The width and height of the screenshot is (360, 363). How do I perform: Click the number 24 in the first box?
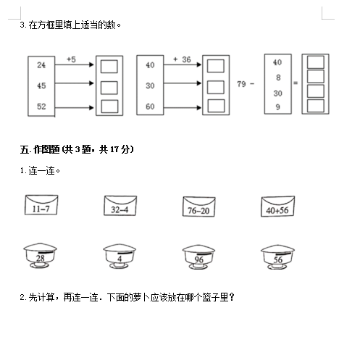(x=41, y=65)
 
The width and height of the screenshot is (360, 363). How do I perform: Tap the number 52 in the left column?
(x=41, y=107)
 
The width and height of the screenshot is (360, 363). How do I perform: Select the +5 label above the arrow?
(x=71, y=59)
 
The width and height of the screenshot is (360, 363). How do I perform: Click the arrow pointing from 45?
(x=74, y=83)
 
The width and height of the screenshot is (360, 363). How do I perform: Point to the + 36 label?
(x=182, y=59)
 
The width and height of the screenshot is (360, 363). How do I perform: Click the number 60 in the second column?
(x=150, y=107)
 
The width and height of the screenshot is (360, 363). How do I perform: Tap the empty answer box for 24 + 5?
(x=109, y=67)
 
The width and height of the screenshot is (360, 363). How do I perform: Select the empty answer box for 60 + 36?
(x=216, y=106)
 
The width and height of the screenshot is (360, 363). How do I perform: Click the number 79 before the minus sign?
(x=241, y=84)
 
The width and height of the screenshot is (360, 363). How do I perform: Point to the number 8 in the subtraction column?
(x=278, y=78)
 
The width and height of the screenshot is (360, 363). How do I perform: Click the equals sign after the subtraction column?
(x=296, y=83)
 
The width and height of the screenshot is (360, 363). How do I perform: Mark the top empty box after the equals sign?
(x=316, y=62)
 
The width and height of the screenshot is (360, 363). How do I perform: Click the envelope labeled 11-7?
(x=41, y=205)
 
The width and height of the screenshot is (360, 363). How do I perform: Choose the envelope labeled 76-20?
(x=198, y=206)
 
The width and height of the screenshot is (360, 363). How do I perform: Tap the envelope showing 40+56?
(x=277, y=206)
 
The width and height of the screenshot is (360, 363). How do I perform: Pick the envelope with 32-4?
(x=120, y=206)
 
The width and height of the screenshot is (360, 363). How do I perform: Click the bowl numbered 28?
(x=40, y=256)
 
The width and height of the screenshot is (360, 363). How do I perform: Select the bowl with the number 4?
(x=120, y=256)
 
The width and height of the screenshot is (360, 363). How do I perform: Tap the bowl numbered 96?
(x=198, y=257)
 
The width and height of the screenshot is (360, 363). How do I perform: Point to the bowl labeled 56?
(x=277, y=257)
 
